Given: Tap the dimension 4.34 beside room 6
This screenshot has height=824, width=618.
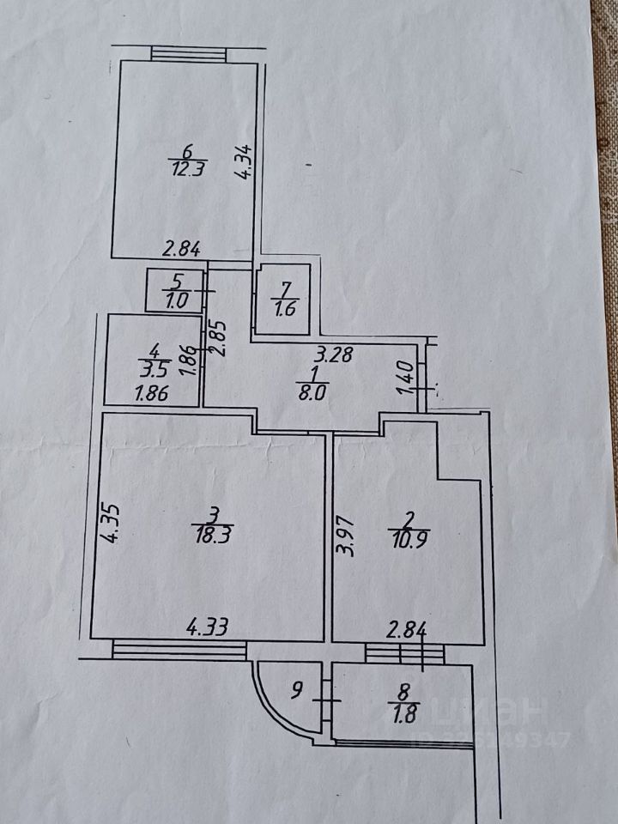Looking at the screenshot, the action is tap(245, 162).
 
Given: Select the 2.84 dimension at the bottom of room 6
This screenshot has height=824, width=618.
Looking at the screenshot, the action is tap(182, 250).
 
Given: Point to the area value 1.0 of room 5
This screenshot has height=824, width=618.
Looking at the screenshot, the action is tap(175, 302).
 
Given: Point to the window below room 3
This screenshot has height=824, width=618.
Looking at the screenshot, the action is tap(179, 650).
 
